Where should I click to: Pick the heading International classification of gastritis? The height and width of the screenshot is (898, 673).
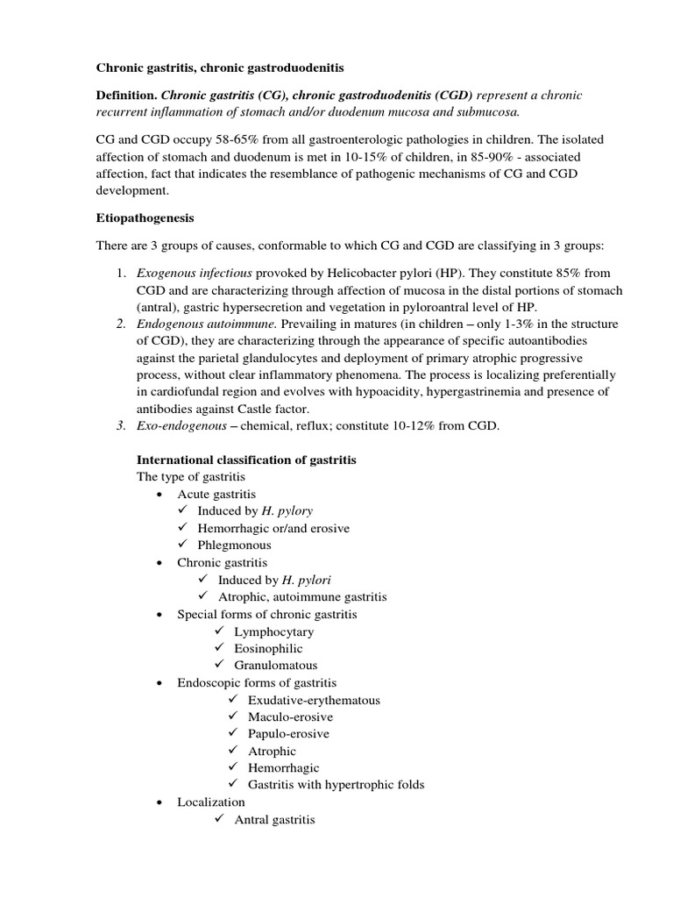[246, 460]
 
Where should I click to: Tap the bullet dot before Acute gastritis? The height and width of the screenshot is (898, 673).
[159, 495]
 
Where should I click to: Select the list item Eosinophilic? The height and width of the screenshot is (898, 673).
[268, 648]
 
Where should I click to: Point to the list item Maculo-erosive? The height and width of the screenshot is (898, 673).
[290, 716]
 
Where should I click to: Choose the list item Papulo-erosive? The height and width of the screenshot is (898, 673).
[288, 733]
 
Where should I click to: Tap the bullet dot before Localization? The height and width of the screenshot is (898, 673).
[159, 802]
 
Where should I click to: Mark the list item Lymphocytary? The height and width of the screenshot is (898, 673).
[273, 631]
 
